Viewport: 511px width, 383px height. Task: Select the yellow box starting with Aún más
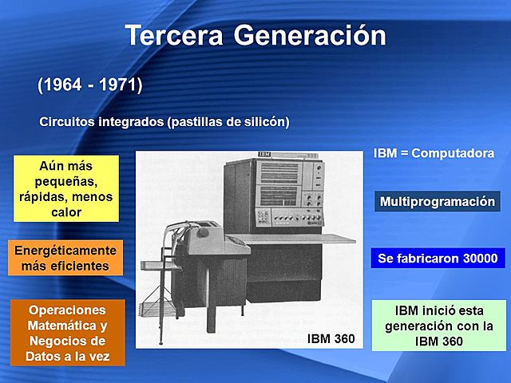66,189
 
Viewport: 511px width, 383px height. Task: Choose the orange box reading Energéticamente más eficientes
65,258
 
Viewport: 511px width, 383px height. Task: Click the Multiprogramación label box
438,202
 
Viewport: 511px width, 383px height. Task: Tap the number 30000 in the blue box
469,259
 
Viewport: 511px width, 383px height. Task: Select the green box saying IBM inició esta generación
438,325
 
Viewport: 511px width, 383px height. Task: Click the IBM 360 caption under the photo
331,339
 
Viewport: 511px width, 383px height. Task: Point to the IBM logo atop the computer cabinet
264,154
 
